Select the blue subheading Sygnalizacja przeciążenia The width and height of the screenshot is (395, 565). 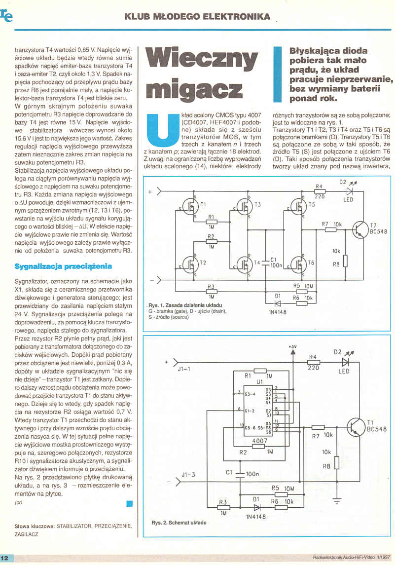coord(63,266)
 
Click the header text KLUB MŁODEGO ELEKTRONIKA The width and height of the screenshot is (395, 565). coord(197,16)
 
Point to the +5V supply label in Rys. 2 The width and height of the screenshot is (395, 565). coord(292,347)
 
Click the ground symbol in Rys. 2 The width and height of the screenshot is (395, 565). coord(337,502)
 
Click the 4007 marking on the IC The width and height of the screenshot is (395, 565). coord(259,441)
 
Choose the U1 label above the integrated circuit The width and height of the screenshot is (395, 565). coord(260,381)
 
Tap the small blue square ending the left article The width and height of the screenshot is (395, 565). coord(130,503)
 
